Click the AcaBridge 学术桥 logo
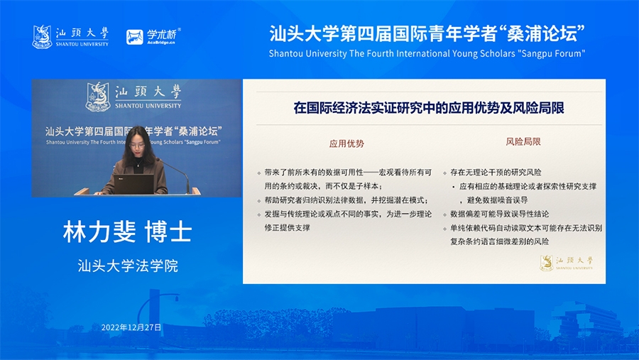153,36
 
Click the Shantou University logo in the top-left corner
70,37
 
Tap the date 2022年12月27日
131,327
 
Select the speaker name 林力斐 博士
128,231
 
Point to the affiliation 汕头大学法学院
128,266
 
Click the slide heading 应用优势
346,143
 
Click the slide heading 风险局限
523,141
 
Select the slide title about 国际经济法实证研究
429,108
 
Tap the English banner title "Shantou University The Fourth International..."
427,53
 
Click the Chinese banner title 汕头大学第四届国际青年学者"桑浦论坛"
427,33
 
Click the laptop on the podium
133,185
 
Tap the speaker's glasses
137,145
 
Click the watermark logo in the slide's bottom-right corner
567,262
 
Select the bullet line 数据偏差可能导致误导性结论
500,214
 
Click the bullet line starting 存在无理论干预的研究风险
496,173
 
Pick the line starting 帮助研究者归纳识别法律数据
346,200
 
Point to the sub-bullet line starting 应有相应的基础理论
528,186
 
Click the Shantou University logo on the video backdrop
133,97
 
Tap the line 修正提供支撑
288,228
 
